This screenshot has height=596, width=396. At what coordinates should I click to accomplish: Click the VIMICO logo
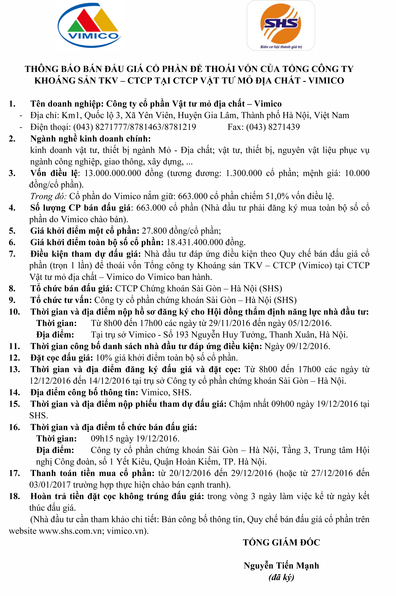(x=90, y=25)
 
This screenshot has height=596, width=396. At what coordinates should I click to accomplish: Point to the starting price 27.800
(x=154, y=231)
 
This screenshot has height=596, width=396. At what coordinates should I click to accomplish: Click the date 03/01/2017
(x=50, y=485)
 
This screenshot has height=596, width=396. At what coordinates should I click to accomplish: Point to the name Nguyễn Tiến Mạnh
(x=281, y=566)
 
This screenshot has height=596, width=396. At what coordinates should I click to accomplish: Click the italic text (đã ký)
(x=281, y=577)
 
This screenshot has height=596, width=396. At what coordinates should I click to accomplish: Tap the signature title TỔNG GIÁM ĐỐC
(x=281, y=543)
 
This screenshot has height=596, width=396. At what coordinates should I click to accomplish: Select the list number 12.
(x=14, y=358)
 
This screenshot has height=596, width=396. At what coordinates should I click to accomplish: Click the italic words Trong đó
(x=48, y=196)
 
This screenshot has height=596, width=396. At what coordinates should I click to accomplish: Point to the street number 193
(x=182, y=335)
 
